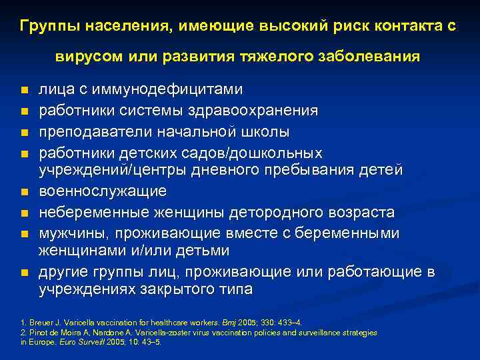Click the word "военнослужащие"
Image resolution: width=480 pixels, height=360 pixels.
coord(102,191)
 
